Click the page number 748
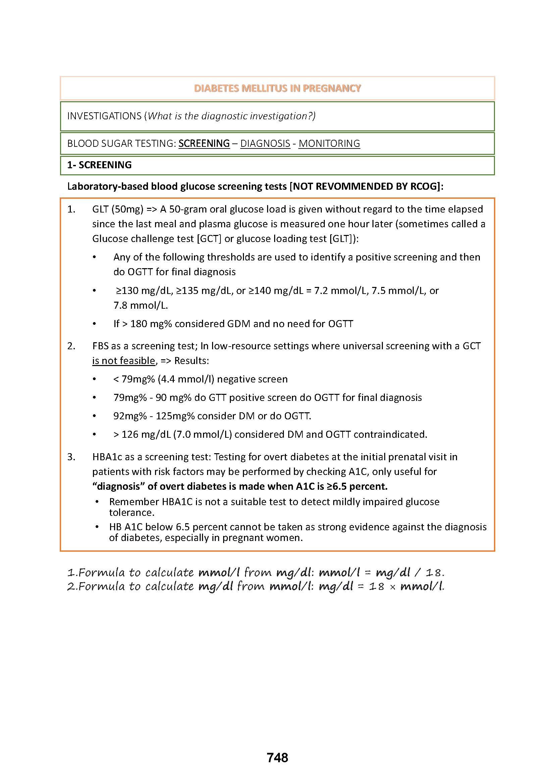(x=277, y=758)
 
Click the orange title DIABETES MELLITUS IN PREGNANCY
(x=277, y=88)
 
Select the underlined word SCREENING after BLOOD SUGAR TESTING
(x=204, y=143)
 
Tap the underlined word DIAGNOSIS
(x=265, y=143)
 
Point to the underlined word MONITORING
(x=329, y=143)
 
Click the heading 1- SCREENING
(x=99, y=165)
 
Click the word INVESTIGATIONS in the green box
(x=104, y=116)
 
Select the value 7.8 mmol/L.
(x=141, y=305)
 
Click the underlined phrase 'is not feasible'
(x=124, y=361)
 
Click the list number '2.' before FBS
(x=71, y=346)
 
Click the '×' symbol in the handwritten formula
(x=392, y=587)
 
